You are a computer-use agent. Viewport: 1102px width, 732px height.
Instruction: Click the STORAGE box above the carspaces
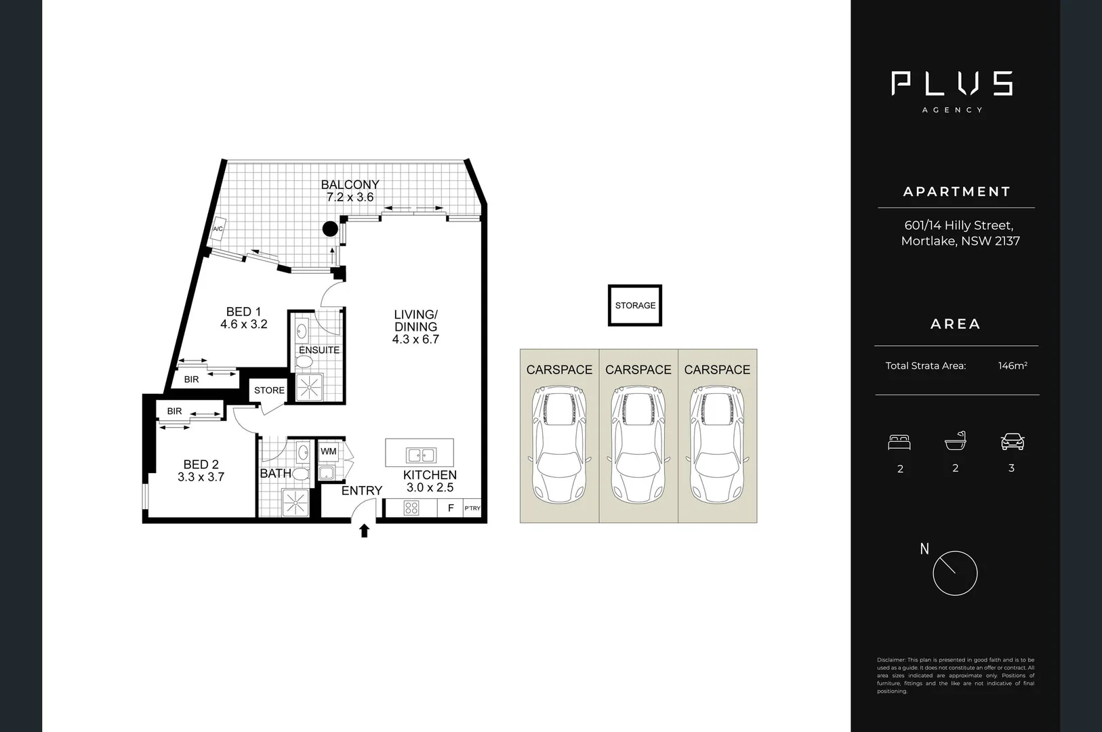pos(635,305)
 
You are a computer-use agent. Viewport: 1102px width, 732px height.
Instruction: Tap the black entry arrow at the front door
pos(365,530)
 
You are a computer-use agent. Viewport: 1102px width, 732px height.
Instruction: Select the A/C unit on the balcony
pos(218,230)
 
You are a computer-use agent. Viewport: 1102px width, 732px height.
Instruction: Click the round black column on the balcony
pos(330,229)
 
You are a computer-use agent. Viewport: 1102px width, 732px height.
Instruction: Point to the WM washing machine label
pos(329,451)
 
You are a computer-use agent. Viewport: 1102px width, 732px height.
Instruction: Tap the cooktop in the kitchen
pos(411,508)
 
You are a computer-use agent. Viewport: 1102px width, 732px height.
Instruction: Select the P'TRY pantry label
pos(472,508)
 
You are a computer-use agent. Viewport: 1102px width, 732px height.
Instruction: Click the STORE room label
pos(269,390)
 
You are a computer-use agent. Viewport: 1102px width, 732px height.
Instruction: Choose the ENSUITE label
pos(319,350)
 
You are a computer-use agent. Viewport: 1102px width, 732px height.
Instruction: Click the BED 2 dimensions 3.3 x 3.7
pos(201,477)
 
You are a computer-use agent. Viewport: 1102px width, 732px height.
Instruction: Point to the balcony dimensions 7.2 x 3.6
pos(350,197)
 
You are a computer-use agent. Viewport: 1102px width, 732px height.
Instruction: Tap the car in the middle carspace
pos(638,445)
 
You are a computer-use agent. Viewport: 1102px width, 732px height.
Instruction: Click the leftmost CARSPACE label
pos(559,369)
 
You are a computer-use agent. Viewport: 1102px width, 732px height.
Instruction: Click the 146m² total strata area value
pos(1013,366)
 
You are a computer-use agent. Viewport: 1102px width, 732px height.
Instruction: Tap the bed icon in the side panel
pos(899,443)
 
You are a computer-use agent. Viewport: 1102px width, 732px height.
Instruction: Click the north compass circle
pos(955,573)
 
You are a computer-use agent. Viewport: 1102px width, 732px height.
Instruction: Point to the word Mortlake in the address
pos(928,241)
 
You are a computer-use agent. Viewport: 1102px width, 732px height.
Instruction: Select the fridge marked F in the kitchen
pos(451,508)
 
